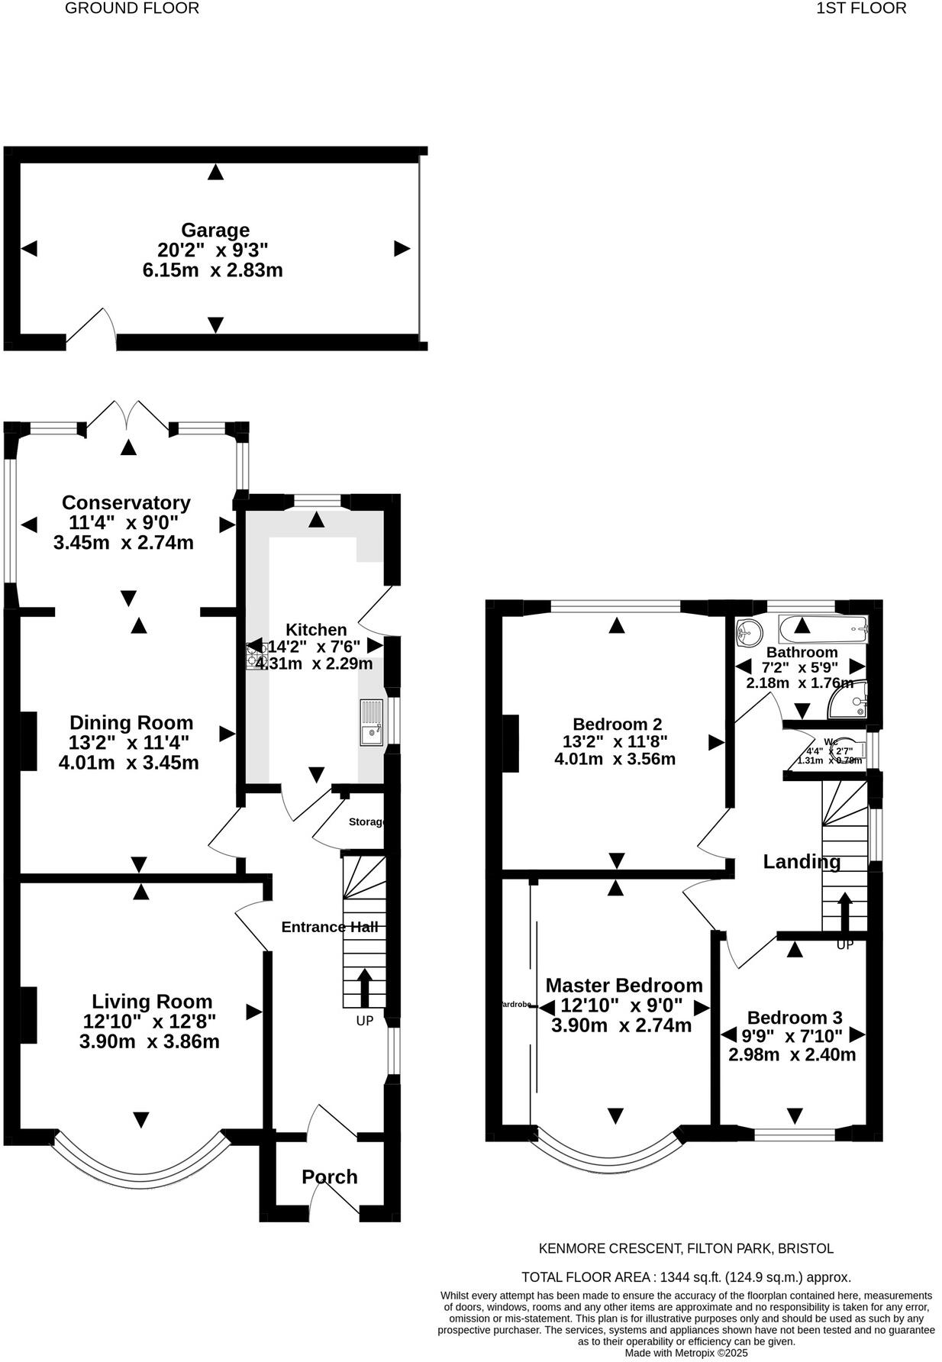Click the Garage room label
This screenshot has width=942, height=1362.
pyautogui.click(x=215, y=230)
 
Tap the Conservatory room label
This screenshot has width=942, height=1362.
pyautogui.click(x=126, y=502)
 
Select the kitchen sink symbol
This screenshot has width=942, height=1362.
pyautogui.click(x=373, y=722)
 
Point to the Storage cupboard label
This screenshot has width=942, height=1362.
pyautogui.click(x=365, y=822)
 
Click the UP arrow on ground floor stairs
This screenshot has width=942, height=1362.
pyautogui.click(x=363, y=986)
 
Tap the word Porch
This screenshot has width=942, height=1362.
pyautogui.click(x=329, y=1176)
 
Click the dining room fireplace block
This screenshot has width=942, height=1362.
pyautogui.click(x=28, y=741)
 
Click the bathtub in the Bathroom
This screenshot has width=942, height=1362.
pyautogui.click(x=823, y=631)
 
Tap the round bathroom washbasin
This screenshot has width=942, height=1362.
pyautogui.click(x=749, y=631)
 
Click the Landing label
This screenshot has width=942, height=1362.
pyautogui.click(x=802, y=862)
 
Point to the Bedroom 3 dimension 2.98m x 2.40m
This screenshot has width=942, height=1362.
pyautogui.click(x=792, y=1055)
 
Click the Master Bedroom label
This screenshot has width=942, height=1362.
pyautogui.click(x=624, y=986)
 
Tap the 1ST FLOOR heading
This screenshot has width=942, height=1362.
pyautogui.click(x=861, y=8)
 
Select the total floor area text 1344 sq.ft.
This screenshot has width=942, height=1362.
pyautogui.click(x=686, y=1276)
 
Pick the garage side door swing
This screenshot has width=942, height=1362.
pyautogui.click(x=92, y=326)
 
